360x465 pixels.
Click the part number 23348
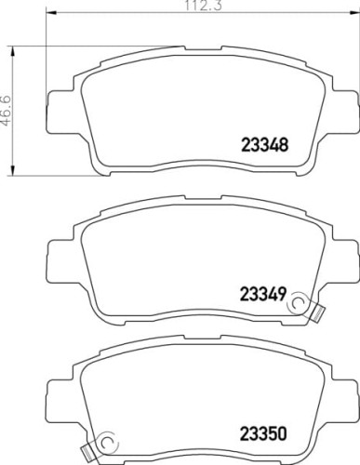pos(264,145)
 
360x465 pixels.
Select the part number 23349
pos(262,294)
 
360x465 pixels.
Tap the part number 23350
pos(263,433)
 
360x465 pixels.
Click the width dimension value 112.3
pos(204,6)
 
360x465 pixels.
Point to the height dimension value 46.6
pos(7,111)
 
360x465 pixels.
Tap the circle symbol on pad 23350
pos(108,442)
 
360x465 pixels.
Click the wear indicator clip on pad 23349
pos(316,314)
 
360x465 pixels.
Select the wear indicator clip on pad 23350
pos(88,452)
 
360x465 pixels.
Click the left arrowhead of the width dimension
pos(51,13)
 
